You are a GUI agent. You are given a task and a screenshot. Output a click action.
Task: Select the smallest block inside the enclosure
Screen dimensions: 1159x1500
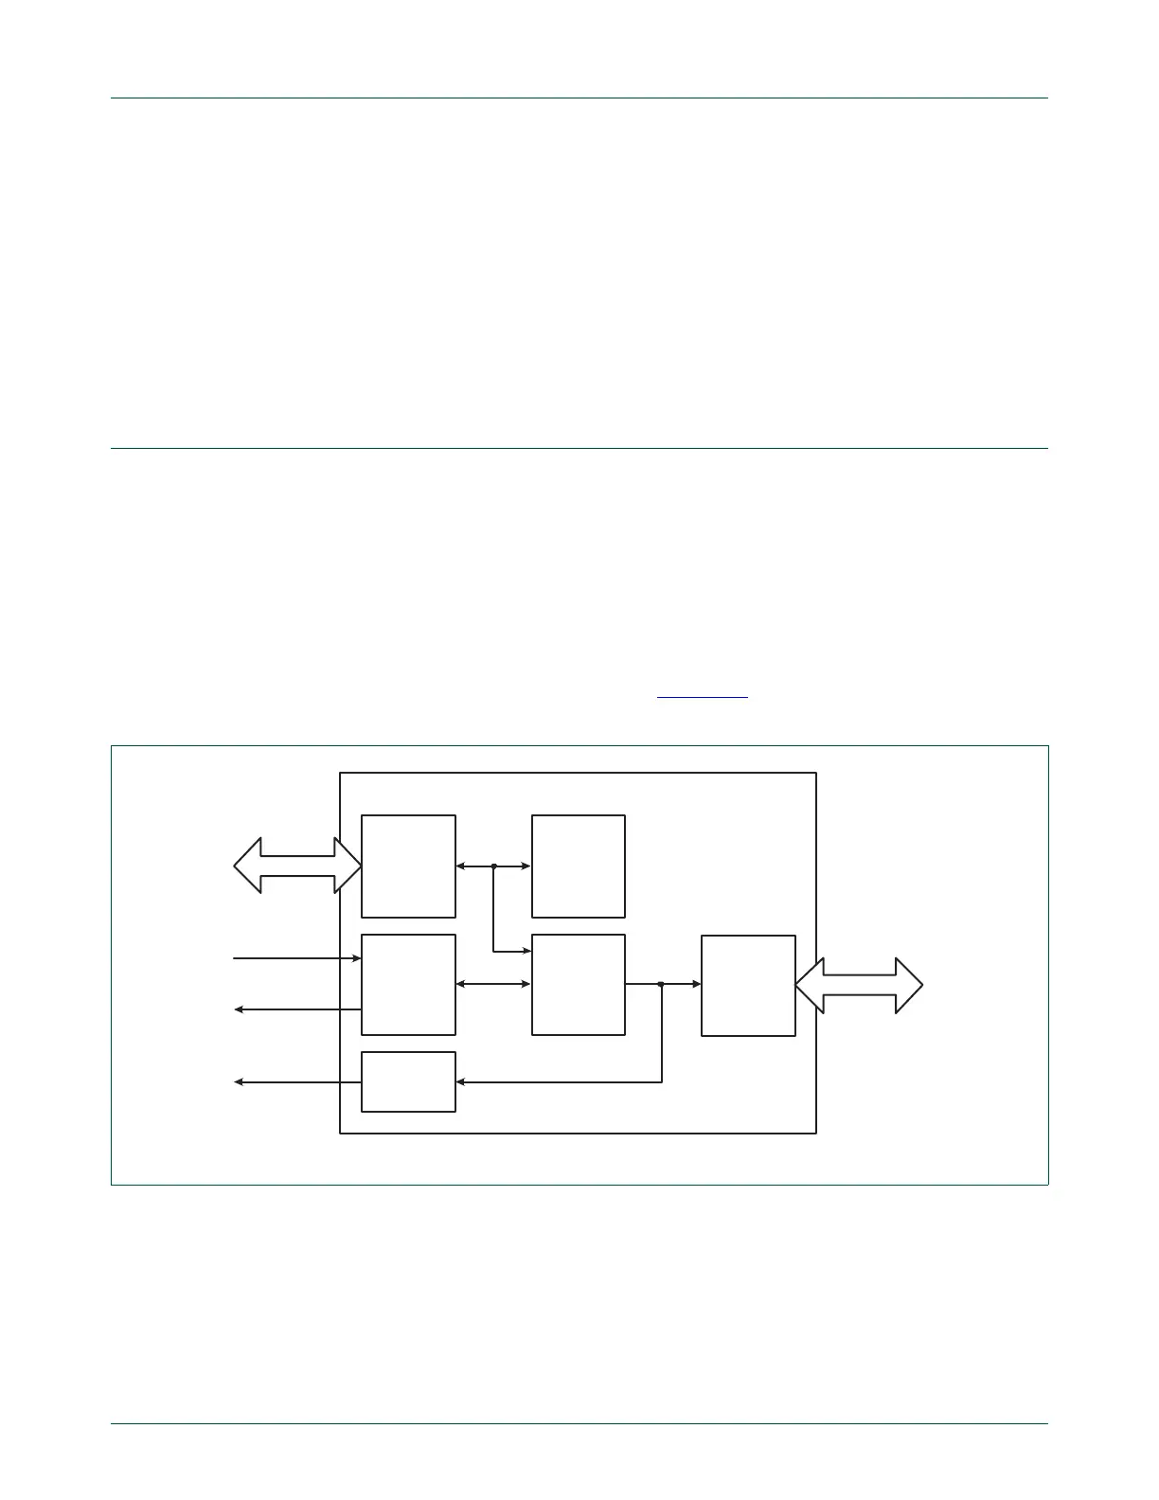(x=408, y=1081)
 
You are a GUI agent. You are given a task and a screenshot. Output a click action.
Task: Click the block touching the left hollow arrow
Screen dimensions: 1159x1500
(x=408, y=866)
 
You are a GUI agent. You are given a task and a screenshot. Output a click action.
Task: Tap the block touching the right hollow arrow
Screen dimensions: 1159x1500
(x=748, y=985)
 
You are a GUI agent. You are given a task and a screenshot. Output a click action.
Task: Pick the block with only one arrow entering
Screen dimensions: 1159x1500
(x=578, y=866)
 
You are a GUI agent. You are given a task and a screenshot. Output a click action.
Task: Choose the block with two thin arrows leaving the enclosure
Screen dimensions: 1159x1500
(x=408, y=985)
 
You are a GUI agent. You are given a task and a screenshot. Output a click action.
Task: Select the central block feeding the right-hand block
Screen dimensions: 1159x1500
(x=578, y=985)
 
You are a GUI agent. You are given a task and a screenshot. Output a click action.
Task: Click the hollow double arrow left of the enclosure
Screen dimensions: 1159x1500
(x=297, y=866)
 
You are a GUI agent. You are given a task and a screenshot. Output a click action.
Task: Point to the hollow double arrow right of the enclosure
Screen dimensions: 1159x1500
(x=859, y=985)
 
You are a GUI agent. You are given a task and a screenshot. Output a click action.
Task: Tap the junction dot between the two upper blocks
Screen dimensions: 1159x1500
(x=493, y=866)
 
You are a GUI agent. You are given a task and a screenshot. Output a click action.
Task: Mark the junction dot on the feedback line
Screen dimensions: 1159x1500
(x=661, y=985)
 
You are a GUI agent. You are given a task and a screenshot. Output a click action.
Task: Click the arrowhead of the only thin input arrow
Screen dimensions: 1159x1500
(x=357, y=958)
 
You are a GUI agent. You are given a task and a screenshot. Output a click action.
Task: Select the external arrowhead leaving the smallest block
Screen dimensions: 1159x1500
(x=239, y=1081)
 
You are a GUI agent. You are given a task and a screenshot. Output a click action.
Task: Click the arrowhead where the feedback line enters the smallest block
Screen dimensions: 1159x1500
(x=460, y=1081)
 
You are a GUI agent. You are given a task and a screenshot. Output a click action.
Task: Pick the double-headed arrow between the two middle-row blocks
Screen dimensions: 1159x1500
(x=493, y=985)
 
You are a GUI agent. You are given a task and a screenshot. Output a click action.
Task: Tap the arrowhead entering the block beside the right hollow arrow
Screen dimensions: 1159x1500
(x=696, y=985)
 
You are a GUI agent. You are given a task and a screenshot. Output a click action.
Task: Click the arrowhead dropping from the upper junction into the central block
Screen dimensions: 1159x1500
(x=526, y=951)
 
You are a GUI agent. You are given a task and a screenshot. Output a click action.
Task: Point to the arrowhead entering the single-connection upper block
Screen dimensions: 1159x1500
(x=526, y=866)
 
